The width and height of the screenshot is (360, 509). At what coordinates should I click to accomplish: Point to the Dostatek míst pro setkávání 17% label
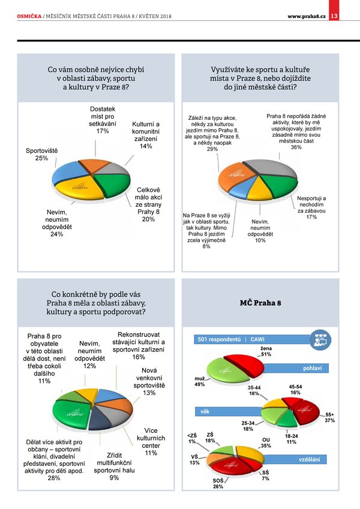click(102, 120)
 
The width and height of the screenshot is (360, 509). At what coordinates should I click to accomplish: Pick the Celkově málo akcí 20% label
click(148, 207)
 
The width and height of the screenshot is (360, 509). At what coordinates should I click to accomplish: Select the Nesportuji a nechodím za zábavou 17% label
click(311, 207)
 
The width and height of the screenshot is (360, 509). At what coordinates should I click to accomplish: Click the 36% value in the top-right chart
click(296, 147)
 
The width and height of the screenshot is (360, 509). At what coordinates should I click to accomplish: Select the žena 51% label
click(265, 351)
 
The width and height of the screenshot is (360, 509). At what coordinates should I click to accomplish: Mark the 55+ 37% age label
click(329, 418)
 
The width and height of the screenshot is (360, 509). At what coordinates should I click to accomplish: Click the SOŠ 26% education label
click(218, 484)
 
